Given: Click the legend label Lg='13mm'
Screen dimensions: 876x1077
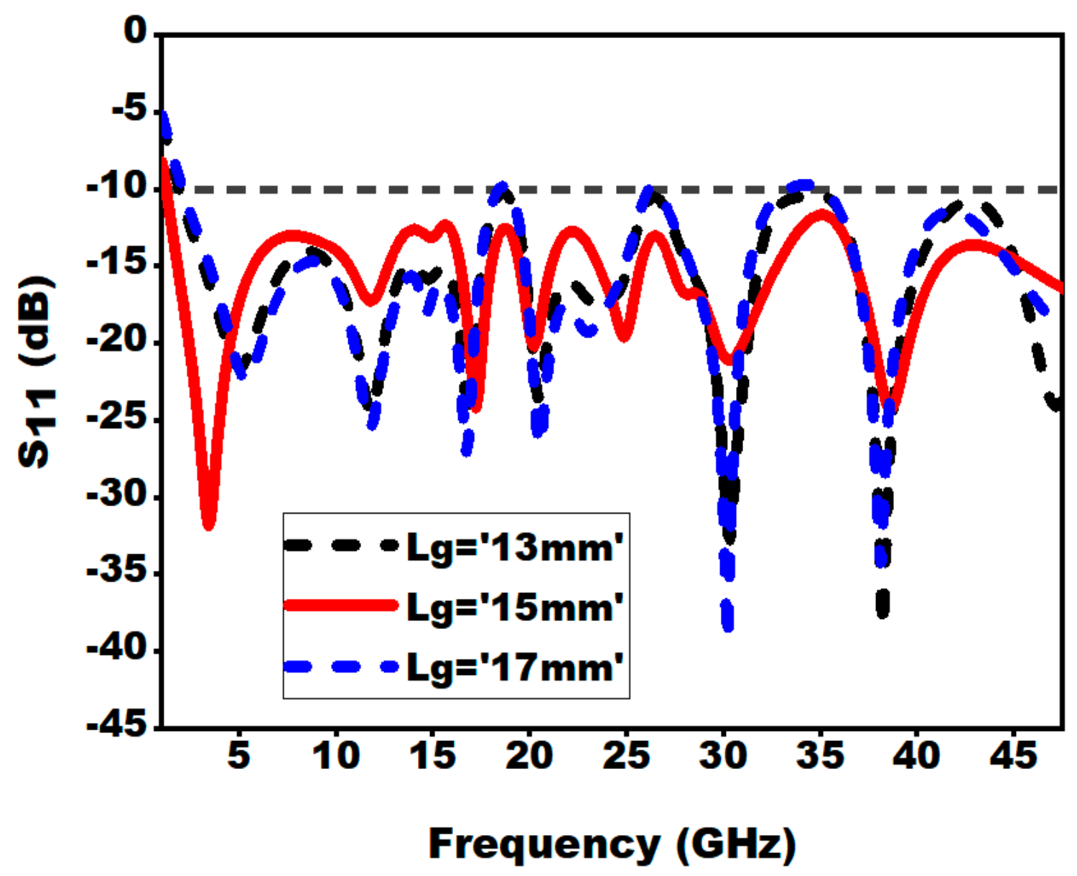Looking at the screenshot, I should pyautogui.click(x=514, y=548).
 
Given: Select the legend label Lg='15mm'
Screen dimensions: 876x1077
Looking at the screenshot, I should pyautogui.click(x=514, y=607).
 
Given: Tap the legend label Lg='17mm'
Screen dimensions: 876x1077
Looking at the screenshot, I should pyautogui.click(x=514, y=668).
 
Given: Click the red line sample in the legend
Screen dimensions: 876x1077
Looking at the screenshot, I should pyautogui.click(x=340, y=605).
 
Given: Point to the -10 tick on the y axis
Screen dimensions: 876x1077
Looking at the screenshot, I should pyautogui.click(x=116, y=187).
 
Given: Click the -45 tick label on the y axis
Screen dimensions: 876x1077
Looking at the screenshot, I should pyautogui.click(x=116, y=724).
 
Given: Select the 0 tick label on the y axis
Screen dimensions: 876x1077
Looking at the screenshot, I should pyautogui.click(x=134, y=32).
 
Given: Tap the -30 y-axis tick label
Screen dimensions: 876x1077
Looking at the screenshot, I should pyautogui.click(x=116, y=495).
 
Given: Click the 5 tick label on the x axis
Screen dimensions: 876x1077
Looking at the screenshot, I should pyautogui.click(x=238, y=755).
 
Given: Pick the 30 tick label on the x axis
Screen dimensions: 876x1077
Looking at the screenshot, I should pyautogui.click(x=723, y=755).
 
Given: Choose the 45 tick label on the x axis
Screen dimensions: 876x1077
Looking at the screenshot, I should pyautogui.click(x=1013, y=755).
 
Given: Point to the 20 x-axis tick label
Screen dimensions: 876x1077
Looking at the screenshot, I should pyautogui.click(x=529, y=755).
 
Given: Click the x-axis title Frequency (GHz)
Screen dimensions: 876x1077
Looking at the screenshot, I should pyautogui.click(x=612, y=844).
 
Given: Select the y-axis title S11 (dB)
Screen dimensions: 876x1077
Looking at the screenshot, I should pyautogui.click(x=36, y=371).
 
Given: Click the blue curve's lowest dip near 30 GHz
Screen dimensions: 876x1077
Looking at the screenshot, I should pyautogui.click(x=727, y=626).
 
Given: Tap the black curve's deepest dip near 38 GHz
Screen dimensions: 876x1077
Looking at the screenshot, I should pyautogui.click(x=883, y=612).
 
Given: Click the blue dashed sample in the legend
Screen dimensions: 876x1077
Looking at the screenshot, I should pyautogui.click(x=340, y=666).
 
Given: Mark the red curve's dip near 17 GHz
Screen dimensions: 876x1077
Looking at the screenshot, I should pyautogui.click(x=475, y=408).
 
